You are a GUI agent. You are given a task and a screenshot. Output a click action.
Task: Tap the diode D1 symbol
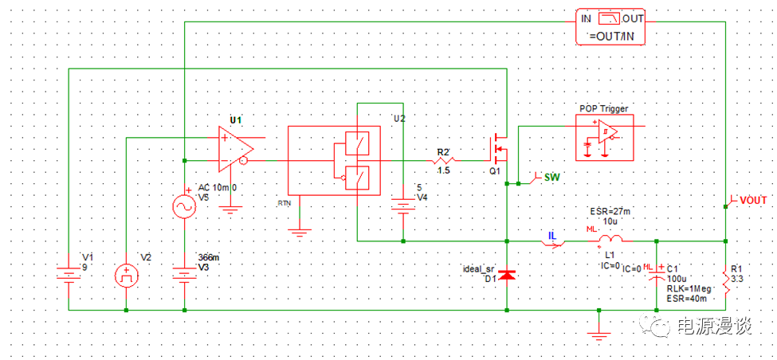click(x=508, y=275)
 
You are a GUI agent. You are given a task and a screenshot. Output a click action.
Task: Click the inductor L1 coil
click(x=610, y=238)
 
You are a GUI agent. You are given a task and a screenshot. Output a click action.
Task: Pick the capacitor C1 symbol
click(x=657, y=275)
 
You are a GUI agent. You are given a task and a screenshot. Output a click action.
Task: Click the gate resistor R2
click(x=444, y=160)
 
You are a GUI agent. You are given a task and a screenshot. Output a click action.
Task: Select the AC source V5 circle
click(x=185, y=207)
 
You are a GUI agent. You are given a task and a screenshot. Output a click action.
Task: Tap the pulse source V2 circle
click(x=126, y=276)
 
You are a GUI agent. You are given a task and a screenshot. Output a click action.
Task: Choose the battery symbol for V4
click(x=404, y=207)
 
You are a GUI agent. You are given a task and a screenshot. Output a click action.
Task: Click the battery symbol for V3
click(x=185, y=276)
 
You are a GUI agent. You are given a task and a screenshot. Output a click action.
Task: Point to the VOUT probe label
click(x=752, y=199)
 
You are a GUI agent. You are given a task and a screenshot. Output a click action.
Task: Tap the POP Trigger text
click(x=603, y=108)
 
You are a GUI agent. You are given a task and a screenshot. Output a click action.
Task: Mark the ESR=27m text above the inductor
click(x=610, y=211)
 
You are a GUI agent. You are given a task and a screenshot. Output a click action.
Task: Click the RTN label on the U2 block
click(x=285, y=204)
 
